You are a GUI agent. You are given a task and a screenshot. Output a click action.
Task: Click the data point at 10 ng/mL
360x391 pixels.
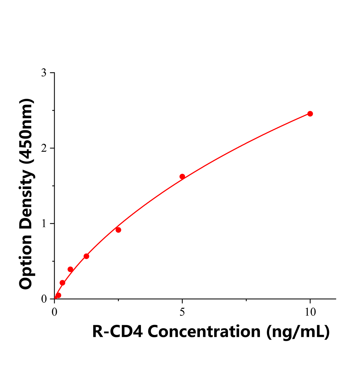[x=310, y=114]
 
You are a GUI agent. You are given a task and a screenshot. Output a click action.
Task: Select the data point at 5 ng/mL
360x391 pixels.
[x=182, y=177]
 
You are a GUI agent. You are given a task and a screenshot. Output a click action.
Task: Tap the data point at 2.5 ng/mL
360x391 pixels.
[x=118, y=230]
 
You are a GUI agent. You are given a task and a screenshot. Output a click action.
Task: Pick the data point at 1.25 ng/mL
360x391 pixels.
[x=86, y=256]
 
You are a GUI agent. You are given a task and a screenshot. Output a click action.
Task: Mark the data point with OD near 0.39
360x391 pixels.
[x=70, y=269]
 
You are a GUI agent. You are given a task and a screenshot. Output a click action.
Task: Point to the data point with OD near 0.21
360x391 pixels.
[x=62, y=283]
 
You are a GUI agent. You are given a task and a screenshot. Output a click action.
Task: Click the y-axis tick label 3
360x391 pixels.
[x=43, y=73]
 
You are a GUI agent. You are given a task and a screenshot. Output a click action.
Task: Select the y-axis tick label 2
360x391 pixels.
[x=43, y=148]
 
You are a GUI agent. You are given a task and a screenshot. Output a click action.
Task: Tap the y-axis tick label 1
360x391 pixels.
[x=43, y=224]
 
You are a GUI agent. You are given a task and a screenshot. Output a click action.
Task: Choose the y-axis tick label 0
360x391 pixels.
[x=44, y=299]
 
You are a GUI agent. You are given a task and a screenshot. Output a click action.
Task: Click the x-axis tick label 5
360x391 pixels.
[x=182, y=312]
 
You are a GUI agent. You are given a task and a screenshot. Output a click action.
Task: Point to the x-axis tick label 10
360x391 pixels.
[x=310, y=312]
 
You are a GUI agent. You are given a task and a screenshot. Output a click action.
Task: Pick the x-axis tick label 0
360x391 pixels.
[x=54, y=312]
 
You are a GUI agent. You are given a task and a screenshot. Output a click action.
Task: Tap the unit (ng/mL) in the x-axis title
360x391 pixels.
[x=298, y=332]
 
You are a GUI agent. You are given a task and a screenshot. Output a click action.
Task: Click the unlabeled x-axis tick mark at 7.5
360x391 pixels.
[x=246, y=299]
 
